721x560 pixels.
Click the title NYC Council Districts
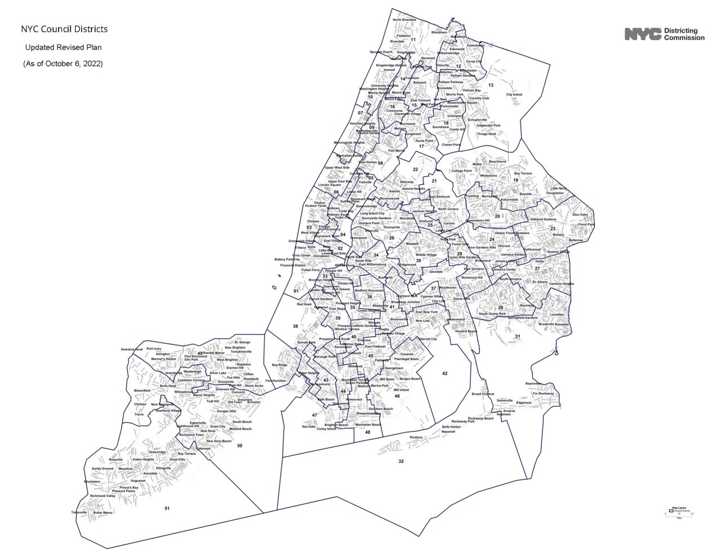coord(64,29)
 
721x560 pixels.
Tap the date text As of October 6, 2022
coord(63,64)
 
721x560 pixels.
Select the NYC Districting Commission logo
coord(664,34)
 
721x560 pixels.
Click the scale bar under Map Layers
coord(679,514)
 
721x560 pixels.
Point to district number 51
coord(167,509)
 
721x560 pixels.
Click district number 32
coord(401,461)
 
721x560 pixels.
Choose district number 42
coord(444,374)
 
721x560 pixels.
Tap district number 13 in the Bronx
coord(491,86)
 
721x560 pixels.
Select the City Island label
coord(514,95)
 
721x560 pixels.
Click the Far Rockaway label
coord(543,394)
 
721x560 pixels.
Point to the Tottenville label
coord(79,513)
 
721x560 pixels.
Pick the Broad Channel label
coord(483,394)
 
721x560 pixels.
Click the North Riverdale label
coord(404,20)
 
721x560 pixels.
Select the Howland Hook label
coord(132,349)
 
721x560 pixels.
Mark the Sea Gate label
coord(309,426)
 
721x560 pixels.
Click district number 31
coord(518,336)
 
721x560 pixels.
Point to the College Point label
coord(461,171)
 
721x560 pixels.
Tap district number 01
coord(296,291)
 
